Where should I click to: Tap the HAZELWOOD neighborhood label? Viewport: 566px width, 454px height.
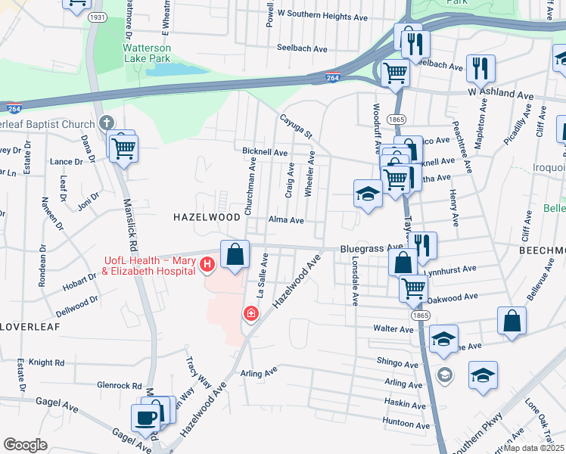click(207, 216)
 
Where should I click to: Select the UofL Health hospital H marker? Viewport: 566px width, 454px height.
click(207, 266)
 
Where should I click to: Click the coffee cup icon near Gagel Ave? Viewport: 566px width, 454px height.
click(145, 418)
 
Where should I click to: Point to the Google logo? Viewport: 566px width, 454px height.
click(25, 445)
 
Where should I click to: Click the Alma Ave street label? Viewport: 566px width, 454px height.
click(285, 220)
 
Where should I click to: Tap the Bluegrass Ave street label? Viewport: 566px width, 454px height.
click(372, 247)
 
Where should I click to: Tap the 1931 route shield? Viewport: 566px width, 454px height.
click(97, 17)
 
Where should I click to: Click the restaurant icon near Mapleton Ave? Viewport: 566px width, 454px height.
click(480, 68)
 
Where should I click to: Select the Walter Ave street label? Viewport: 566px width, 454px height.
click(393, 329)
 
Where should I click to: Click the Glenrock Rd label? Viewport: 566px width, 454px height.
click(120, 385)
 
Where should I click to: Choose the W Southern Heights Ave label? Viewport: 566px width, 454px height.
click(322, 14)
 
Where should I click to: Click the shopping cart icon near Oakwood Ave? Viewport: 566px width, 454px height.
click(413, 288)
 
